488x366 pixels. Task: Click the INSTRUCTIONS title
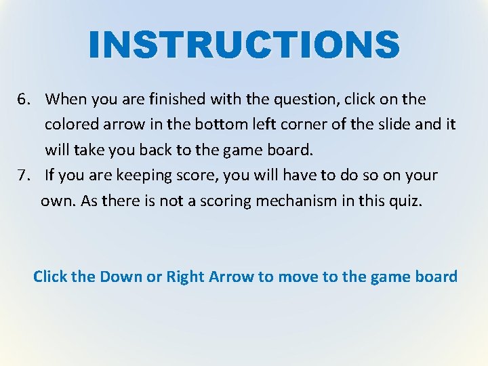click(244, 44)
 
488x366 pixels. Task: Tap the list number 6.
click(24, 100)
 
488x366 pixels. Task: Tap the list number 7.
click(24, 176)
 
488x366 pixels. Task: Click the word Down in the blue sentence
click(117, 277)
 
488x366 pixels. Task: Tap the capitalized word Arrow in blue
click(232, 277)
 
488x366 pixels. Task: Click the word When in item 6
click(62, 100)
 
